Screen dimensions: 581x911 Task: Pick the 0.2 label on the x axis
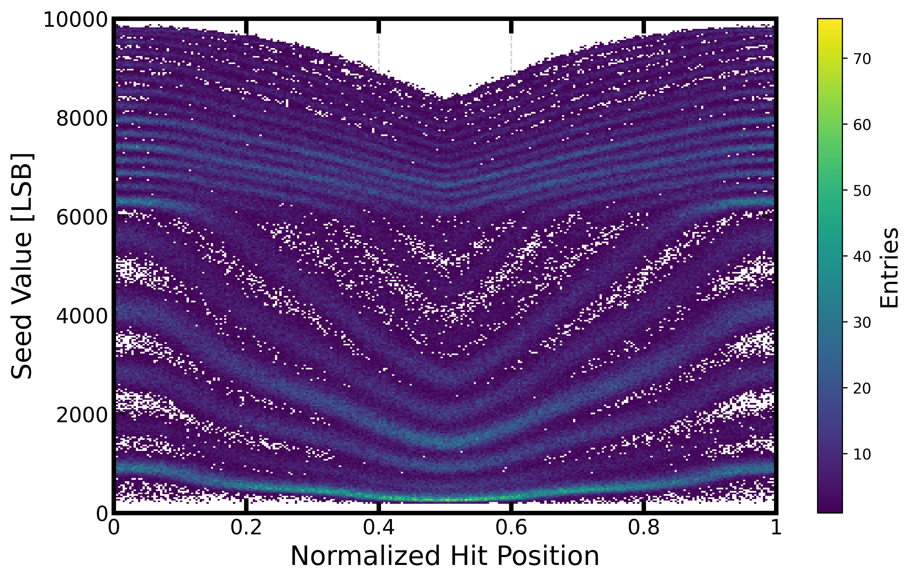tap(246, 528)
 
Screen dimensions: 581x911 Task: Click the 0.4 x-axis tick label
tap(379, 528)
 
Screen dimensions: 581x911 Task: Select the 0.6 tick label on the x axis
tap(511, 528)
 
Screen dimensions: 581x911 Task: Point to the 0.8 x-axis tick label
tap(643, 528)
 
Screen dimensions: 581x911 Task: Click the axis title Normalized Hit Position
tap(444, 556)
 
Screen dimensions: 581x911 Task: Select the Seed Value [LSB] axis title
tap(22, 266)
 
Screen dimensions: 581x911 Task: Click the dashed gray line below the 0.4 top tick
tap(379, 53)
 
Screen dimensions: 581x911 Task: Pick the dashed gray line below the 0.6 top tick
tap(511, 53)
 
